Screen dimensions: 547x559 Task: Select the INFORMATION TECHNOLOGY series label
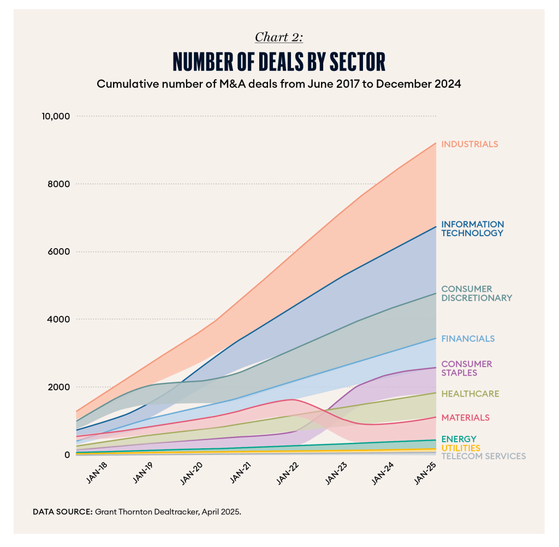tap(472, 229)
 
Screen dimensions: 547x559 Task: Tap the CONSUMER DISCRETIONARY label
tap(477, 293)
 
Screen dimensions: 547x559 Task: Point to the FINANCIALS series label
tap(468, 339)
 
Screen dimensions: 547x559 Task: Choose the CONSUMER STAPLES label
tap(467, 368)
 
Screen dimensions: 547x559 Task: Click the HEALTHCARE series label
tap(470, 394)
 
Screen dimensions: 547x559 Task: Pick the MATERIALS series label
tap(465, 418)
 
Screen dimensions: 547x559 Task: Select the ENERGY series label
tap(459, 439)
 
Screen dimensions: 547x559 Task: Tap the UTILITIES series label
tap(461, 448)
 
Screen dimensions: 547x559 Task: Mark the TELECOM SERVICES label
tap(483, 456)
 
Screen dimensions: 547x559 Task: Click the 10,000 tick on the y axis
tap(55, 116)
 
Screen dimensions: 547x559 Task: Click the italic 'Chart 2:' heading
tap(279, 37)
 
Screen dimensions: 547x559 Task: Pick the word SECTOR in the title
tap(351, 62)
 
